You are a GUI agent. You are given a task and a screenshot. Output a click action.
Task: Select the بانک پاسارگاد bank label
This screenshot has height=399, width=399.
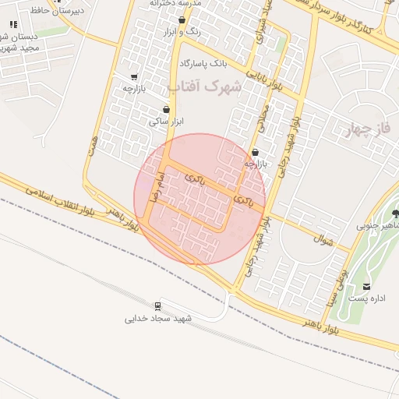[202, 62]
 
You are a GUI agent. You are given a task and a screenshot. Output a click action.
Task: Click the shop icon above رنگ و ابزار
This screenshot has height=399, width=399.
[182, 21]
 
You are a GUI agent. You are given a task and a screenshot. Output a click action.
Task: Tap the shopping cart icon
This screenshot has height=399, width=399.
[134, 77]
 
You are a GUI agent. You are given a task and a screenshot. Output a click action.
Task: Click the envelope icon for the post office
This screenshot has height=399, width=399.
[367, 286]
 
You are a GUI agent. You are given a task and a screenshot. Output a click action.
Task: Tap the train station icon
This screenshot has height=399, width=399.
[158, 305]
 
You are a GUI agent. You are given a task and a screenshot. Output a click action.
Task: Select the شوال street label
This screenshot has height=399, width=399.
[322, 238]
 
